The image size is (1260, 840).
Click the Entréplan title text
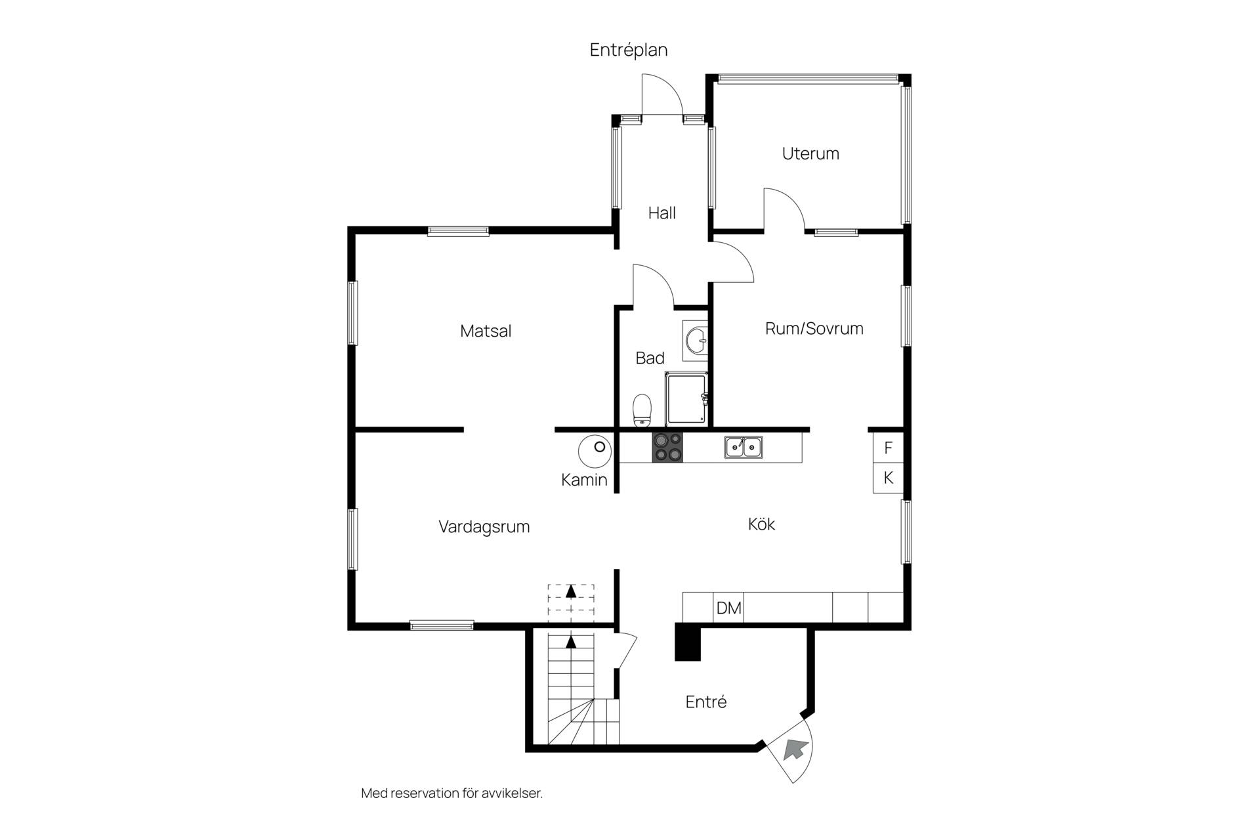click(x=629, y=51)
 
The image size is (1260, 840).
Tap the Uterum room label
click(x=810, y=154)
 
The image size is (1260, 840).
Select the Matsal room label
click(x=486, y=331)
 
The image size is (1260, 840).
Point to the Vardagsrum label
click(x=484, y=527)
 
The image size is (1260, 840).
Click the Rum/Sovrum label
click(x=814, y=328)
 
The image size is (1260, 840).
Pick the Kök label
click(x=762, y=524)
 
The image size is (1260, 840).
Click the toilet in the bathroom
click(x=642, y=410)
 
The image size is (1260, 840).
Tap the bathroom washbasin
click(x=695, y=341)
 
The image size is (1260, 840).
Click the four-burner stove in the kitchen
click(x=667, y=448)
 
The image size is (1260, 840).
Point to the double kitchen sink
click(x=744, y=447)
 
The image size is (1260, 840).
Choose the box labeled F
click(x=888, y=448)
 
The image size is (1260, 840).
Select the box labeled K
click(x=888, y=478)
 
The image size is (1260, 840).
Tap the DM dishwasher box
click(x=728, y=608)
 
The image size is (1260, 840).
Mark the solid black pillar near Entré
click(x=688, y=641)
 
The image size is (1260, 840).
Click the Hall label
click(x=661, y=213)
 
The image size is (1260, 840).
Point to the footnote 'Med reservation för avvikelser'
click(x=452, y=793)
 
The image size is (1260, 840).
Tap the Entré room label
click(x=706, y=702)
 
